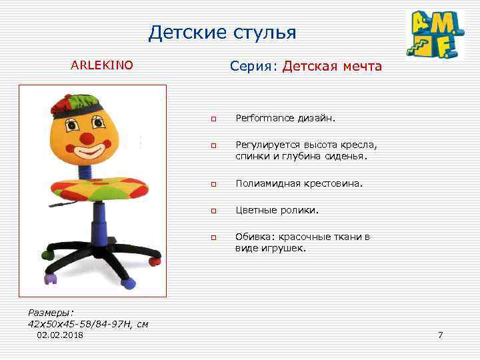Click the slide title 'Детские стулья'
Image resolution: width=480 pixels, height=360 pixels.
tap(222, 32)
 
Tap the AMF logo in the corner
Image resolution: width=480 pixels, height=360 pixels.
tap(435, 35)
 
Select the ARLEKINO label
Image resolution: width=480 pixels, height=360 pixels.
tap(102, 65)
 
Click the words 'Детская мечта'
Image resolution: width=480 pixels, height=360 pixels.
tap(332, 67)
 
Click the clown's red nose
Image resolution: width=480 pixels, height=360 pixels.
tap(87, 138)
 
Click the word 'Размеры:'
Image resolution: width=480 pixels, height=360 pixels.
tap(51, 313)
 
